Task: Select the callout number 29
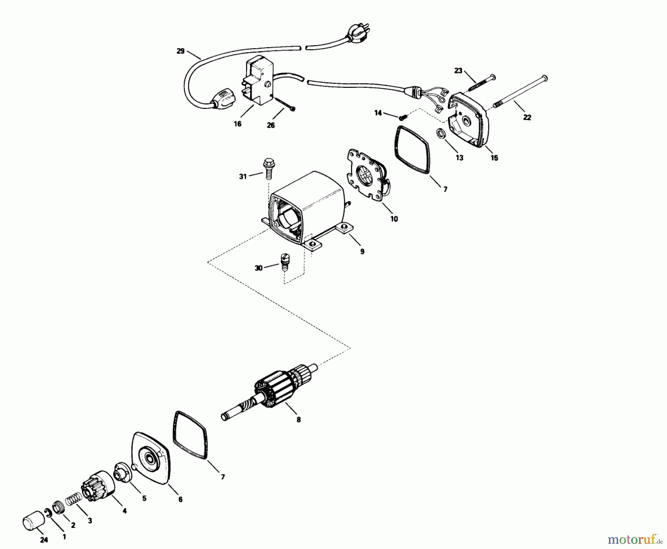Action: [x=180, y=51]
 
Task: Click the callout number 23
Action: [x=458, y=70]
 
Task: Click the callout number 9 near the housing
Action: [x=362, y=252]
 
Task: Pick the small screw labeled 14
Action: [x=402, y=117]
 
